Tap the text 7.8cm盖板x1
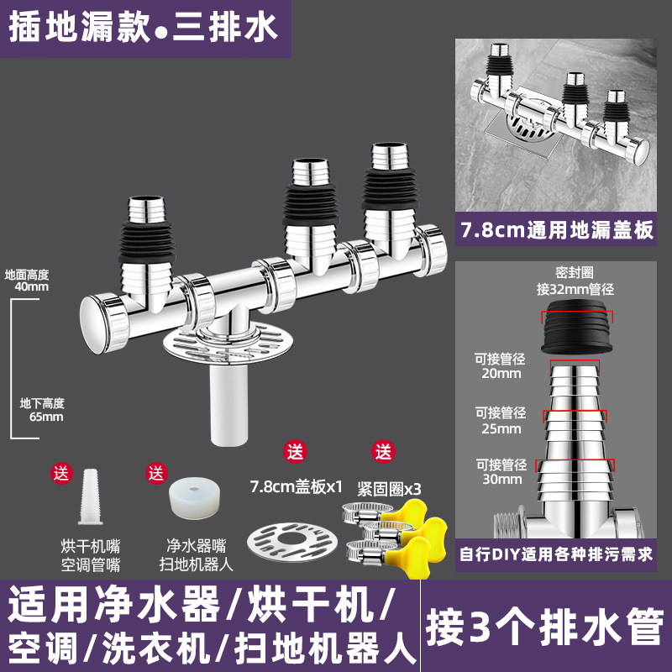pos(296,486)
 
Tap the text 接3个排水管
pos(545,624)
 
